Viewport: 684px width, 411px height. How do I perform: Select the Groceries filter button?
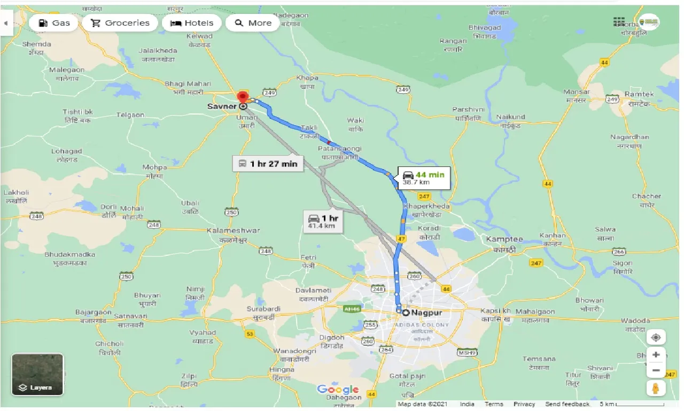click(120, 23)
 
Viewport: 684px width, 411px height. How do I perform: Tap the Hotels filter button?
click(191, 23)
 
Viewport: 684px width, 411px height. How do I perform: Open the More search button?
click(253, 23)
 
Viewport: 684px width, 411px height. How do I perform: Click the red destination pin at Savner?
click(243, 97)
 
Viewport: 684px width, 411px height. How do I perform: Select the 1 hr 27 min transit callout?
click(268, 164)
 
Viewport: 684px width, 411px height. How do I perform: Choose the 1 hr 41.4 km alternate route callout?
click(323, 222)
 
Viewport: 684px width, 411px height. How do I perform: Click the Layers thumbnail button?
click(37, 375)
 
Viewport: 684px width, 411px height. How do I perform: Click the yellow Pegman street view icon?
click(656, 387)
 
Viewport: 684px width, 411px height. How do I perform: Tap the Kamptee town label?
click(504, 239)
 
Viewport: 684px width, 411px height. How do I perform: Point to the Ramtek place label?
click(639, 94)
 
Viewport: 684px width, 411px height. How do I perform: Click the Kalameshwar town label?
click(233, 231)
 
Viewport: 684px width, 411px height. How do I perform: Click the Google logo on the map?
click(337, 390)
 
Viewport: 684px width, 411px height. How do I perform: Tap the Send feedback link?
click(567, 404)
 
